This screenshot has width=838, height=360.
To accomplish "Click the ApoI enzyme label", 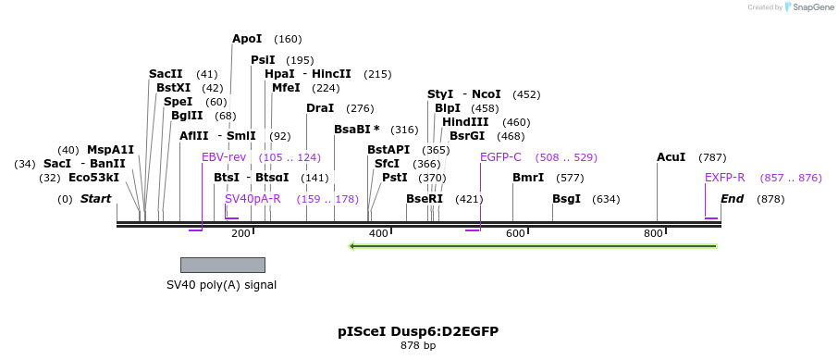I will [x=247, y=39].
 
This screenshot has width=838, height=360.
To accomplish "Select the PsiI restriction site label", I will [x=263, y=60].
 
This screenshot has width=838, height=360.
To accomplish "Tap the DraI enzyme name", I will [x=320, y=108].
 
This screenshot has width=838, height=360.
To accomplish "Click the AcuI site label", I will [x=671, y=157].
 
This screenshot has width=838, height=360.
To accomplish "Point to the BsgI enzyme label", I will [x=566, y=199].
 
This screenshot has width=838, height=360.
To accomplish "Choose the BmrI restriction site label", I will [x=527, y=178].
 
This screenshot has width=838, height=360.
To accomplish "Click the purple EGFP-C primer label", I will [x=500, y=157].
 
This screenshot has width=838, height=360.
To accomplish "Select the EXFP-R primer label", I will [x=724, y=178].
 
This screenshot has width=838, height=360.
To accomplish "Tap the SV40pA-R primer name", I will [x=253, y=199].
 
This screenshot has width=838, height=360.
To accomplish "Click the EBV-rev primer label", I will [x=224, y=157].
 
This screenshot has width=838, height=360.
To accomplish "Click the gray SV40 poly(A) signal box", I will [x=222, y=265].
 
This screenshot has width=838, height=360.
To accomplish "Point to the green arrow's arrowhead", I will [x=353, y=246].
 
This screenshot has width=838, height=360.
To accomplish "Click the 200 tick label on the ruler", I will [x=240, y=233].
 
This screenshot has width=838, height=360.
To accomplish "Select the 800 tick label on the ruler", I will [x=653, y=233].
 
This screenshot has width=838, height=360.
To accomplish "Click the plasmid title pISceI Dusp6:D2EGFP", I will [x=418, y=330].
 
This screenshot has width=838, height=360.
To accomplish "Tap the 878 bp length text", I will [x=418, y=345].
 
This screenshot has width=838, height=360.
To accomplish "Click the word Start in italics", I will [x=95, y=199].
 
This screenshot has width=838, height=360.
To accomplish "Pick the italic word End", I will [x=732, y=199].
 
